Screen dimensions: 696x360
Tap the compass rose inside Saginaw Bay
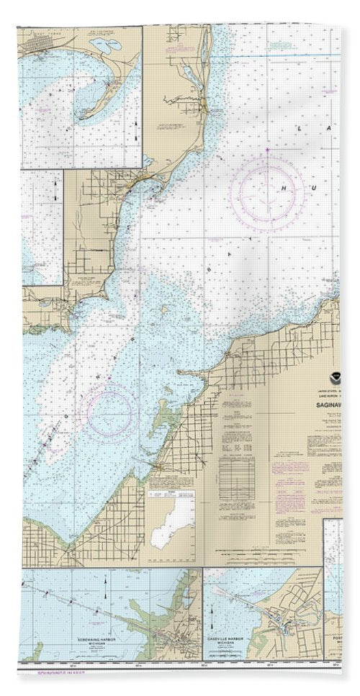pos(109,412)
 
